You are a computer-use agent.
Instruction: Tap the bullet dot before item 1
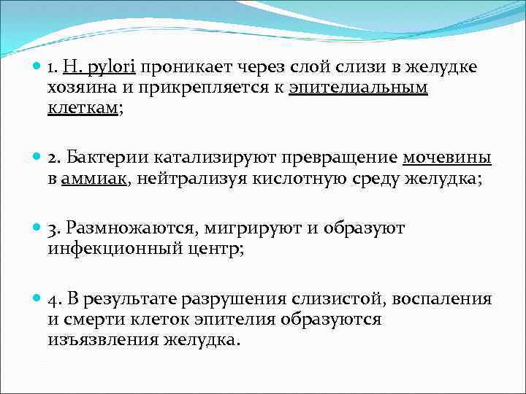38,68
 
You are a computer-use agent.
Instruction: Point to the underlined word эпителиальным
359,88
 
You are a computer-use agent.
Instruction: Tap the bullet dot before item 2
38,158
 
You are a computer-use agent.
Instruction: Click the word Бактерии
104,158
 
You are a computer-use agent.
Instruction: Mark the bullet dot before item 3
38,228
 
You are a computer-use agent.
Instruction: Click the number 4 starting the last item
53,298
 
